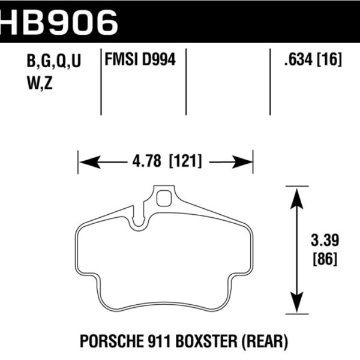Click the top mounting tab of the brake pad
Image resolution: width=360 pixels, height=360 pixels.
coord(163,198)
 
